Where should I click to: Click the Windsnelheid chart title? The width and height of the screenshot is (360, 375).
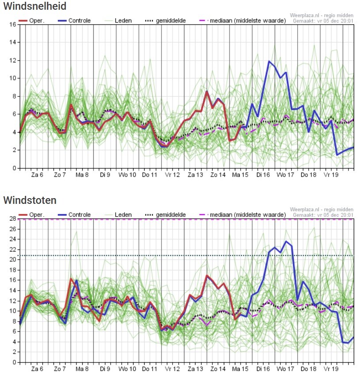[35, 6]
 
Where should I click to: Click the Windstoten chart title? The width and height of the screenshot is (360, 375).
[30, 200]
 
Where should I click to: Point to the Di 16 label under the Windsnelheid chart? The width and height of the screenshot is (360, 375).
[263, 175]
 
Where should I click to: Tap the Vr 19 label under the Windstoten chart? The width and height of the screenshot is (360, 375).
[331, 368]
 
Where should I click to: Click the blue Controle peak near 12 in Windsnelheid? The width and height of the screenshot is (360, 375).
[269, 61]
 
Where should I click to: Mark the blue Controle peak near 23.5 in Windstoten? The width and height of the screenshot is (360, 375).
[286, 241]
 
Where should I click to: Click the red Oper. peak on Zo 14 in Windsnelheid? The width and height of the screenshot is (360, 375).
[207, 92]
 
